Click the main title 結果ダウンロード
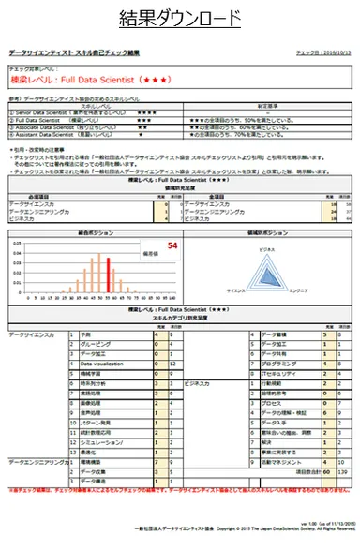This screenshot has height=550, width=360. pos(180,20)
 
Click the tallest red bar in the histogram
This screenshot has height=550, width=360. pos(109,273)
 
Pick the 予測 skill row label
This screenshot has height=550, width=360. pos(87,334)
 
